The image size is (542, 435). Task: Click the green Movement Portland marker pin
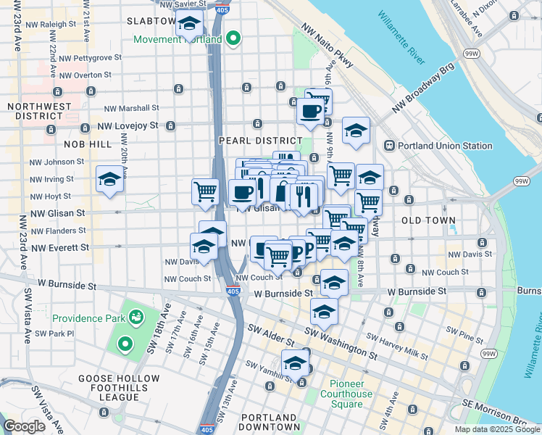(x=233, y=38)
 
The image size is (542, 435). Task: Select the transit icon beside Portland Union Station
(x=389, y=146)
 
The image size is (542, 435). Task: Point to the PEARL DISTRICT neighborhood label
(x=260, y=141)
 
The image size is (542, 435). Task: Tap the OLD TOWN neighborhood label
(x=429, y=220)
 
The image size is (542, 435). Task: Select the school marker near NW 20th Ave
(x=109, y=178)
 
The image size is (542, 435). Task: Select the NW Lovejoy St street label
(x=130, y=125)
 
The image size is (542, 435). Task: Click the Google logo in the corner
(x=24, y=426)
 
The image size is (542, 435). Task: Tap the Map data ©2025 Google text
(x=497, y=429)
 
